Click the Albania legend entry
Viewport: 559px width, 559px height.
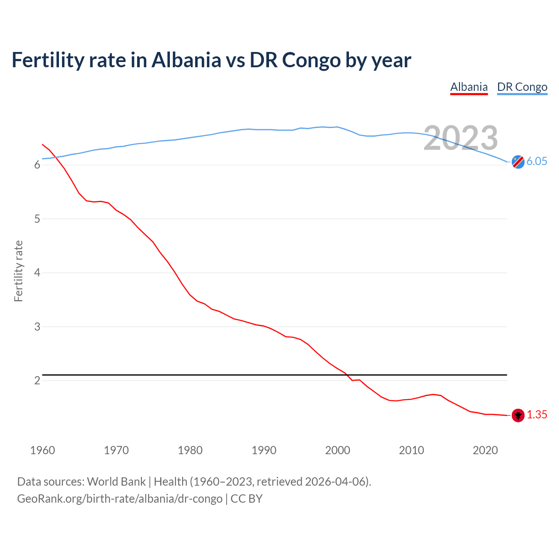click(x=469, y=87)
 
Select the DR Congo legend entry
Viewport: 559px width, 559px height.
click(x=522, y=87)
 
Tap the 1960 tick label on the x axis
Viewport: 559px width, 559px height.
click(x=42, y=450)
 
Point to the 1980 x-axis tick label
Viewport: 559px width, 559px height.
click(x=190, y=450)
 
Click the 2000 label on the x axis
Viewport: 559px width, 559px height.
click(x=338, y=450)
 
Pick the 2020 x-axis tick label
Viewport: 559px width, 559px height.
click(x=485, y=450)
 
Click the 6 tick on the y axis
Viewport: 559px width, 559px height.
click(x=37, y=165)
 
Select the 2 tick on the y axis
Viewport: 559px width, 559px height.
click(x=37, y=381)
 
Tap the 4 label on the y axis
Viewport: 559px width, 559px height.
click(x=37, y=273)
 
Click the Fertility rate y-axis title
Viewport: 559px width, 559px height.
click(x=18, y=271)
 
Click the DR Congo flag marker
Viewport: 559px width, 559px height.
click(x=518, y=162)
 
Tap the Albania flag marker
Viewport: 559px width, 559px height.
click(x=518, y=415)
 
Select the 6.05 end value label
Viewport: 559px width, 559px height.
click(x=537, y=161)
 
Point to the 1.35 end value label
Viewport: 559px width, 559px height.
click(x=537, y=415)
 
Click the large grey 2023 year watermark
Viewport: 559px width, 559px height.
click(x=461, y=138)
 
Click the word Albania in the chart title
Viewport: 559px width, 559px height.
click(x=186, y=60)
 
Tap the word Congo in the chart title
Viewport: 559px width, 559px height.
click(x=311, y=60)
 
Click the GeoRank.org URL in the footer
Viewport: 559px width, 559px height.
click(x=120, y=499)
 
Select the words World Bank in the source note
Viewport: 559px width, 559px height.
click(x=116, y=482)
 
